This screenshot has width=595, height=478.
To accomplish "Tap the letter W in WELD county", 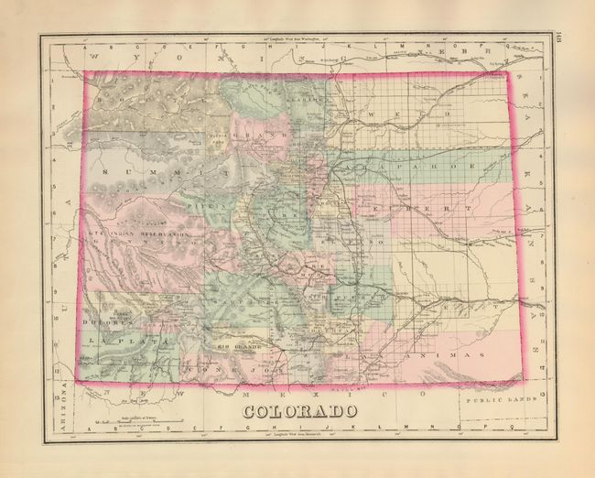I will point(370,114).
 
